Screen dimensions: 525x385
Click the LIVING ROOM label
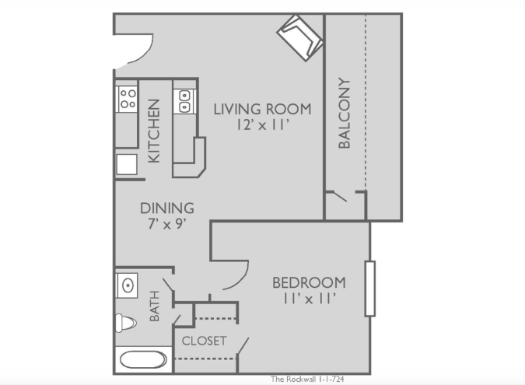click(x=263, y=110)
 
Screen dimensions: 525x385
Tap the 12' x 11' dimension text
click(x=263, y=125)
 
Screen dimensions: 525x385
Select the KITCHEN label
click(x=154, y=131)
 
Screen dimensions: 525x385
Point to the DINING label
click(x=167, y=208)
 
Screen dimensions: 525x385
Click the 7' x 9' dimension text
click(x=167, y=224)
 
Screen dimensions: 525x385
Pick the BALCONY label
click(x=345, y=113)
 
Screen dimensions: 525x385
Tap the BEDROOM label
click(x=309, y=283)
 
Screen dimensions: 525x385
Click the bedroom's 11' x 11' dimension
click(x=309, y=299)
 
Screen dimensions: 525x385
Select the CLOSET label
click(x=205, y=341)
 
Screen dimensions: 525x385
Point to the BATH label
click(x=154, y=306)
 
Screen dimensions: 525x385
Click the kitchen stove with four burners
click(x=127, y=99)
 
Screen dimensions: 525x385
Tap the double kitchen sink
click(x=184, y=101)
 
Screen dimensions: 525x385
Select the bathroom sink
click(x=127, y=285)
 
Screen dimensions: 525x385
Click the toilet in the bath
click(x=126, y=323)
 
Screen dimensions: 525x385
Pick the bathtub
click(x=143, y=360)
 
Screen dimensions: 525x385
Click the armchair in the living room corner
click(x=299, y=38)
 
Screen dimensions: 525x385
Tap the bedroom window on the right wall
click(x=370, y=289)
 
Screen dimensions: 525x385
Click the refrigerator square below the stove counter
click(x=127, y=164)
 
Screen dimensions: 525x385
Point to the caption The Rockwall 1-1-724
click(x=307, y=379)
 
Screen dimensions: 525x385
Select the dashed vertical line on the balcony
click(x=366, y=102)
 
